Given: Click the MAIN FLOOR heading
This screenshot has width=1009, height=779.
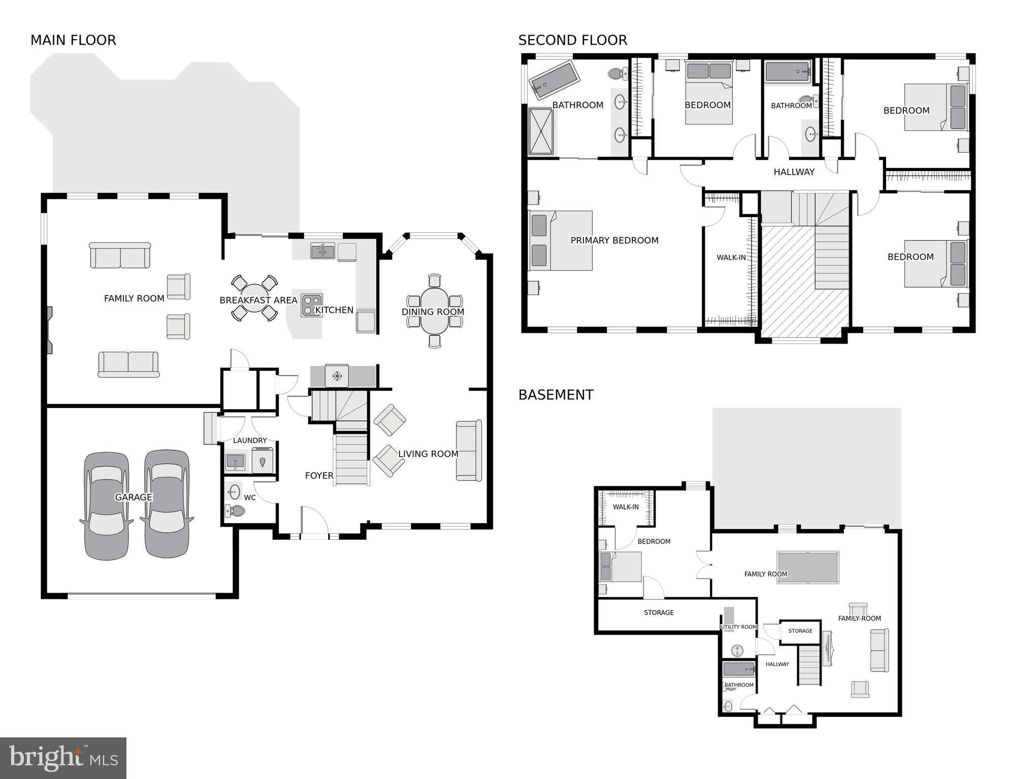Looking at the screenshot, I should (x=73, y=41).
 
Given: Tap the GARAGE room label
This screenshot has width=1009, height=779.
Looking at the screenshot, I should (x=133, y=497).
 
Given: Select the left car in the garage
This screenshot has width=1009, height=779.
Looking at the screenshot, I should (x=107, y=506).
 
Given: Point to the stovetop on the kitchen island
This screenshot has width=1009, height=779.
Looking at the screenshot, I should (x=311, y=305).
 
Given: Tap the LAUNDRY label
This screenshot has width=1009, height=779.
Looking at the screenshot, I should (x=249, y=441).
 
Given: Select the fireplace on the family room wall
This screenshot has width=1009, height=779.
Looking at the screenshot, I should (x=49, y=330).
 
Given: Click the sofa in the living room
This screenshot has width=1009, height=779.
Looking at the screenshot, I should (x=469, y=451).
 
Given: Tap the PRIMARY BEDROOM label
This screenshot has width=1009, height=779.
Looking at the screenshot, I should (x=614, y=241).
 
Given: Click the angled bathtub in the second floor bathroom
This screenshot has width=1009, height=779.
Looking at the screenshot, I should (x=554, y=80).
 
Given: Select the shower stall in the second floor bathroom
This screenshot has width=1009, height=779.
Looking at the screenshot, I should (x=541, y=131).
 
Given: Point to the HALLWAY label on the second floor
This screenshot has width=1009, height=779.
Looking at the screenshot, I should (x=794, y=172).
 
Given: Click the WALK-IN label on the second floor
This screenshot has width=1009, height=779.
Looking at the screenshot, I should (x=731, y=258).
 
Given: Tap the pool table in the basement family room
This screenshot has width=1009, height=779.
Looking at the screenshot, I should (x=807, y=567).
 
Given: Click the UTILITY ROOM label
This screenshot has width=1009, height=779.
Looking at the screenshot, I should (x=738, y=627).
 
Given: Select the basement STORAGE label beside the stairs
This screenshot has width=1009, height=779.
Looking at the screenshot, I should (x=800, y=631).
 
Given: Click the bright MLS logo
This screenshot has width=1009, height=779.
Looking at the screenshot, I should (x=63, y=758).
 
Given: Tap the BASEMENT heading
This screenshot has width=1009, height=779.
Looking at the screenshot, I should (x=556, y=395).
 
